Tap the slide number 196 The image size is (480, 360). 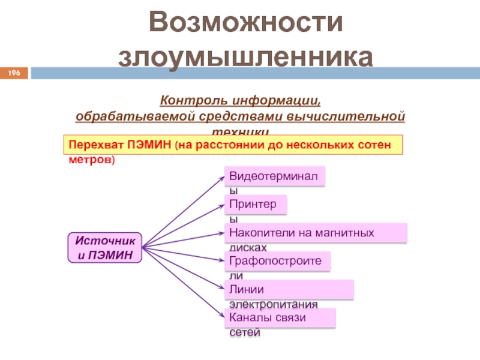click(x=14, y=73)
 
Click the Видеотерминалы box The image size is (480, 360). click(x=275, y=176)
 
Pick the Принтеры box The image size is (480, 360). click(x=256, y=205)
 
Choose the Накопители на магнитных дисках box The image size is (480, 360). click(x=316, y=233)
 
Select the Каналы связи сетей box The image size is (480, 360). click(x=280, y=318)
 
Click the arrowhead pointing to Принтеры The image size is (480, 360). click(x=222, y=205)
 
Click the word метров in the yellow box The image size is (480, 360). click(x=88, y=161)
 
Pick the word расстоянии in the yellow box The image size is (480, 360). click(x=234, y=145)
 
